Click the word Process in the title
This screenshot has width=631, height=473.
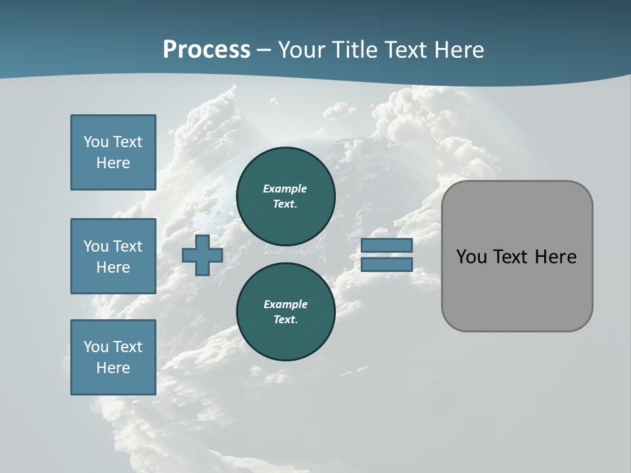(x=206, y=50)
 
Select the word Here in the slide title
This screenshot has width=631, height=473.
(x=456, y=50)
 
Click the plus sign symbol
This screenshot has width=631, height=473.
(x=202, y=255)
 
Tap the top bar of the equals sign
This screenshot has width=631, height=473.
(x=386, y=245)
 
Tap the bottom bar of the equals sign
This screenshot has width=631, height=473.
(x=386, y=264)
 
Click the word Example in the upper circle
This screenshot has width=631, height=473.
(x=285, y=189)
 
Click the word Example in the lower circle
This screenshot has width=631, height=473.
(x=285, y=304)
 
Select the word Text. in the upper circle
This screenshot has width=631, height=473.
(x=285, y=204)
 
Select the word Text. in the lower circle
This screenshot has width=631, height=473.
(x=285, y=319)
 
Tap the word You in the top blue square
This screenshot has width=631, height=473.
(x=96, y=142)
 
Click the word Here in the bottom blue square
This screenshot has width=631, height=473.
(x=113, y=368)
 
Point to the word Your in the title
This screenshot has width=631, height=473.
(x=301, y=50)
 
